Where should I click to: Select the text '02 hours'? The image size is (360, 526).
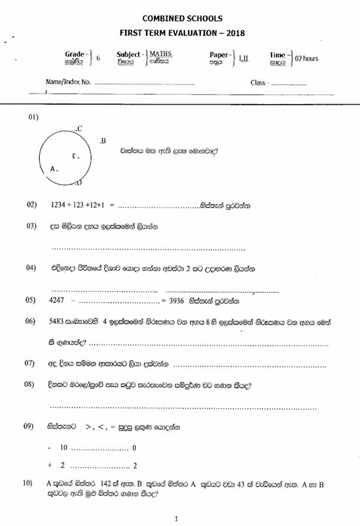pyautogui.click(x=306, y=58)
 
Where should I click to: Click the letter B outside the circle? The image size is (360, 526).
pyautogui.click(x=103, y=141)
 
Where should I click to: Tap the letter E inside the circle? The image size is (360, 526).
pyautogui.click(x=75, y=156)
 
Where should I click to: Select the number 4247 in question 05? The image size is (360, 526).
pyautogui.click(x=58, y=301)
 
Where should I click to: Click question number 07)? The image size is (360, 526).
pyautogui.click(x=29, y=362)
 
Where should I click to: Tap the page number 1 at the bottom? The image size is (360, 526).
pyautogui.click(x=177, y=518)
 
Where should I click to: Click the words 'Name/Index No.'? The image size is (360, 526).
pyautogui.click(x=68, y=83)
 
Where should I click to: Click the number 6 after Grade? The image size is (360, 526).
pyautogui.click(x=98, y=58)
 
